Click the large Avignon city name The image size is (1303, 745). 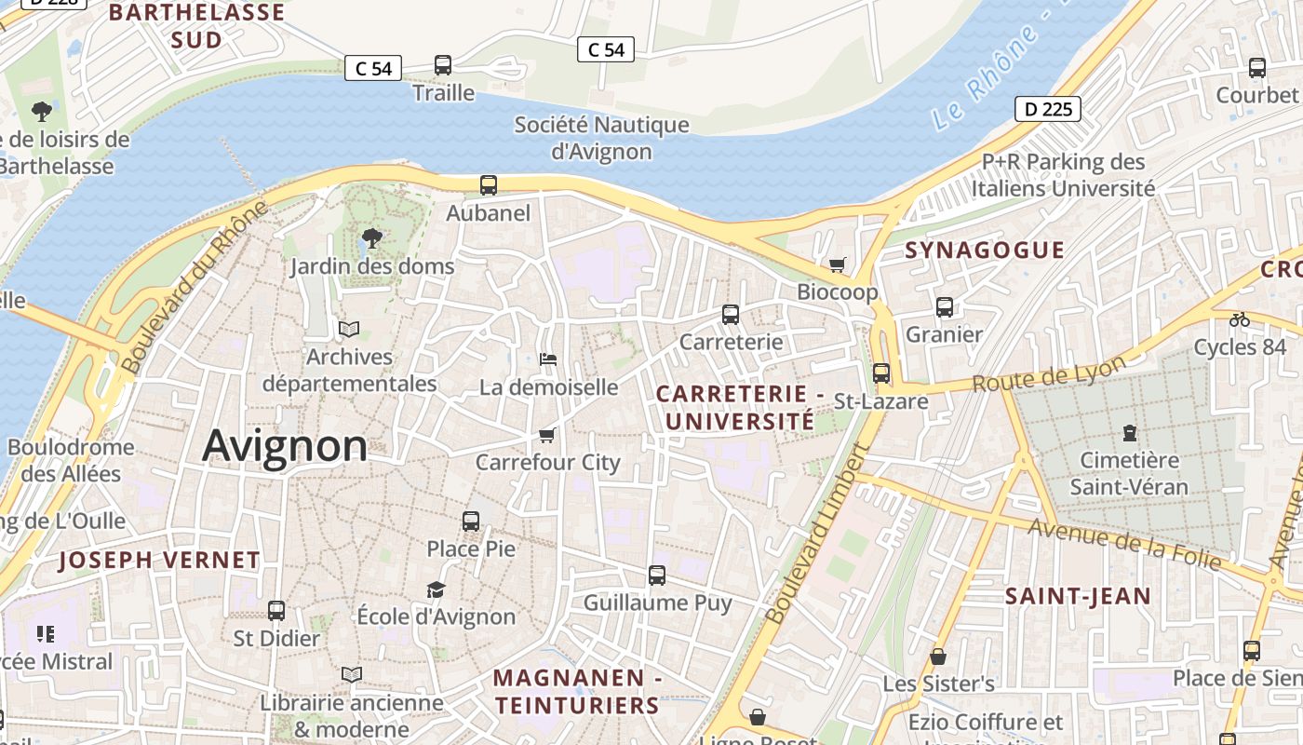(285, 446)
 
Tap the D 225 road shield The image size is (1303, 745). (1048, 109)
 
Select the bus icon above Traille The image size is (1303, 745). (443, 65)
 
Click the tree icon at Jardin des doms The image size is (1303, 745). (372, 238)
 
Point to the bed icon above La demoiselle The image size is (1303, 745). (548, 359)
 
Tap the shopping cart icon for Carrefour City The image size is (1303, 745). (547, 435)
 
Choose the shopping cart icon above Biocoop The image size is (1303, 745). (837, 265)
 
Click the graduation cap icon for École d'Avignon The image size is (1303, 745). (436, 589)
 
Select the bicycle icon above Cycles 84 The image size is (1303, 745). (1239, 319)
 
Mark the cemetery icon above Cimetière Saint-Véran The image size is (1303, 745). (1129, 432)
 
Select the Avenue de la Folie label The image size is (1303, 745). (1124, 543)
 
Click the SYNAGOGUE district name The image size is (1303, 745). (985, 250)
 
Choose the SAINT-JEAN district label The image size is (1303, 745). (1078, 596)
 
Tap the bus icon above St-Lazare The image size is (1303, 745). (880, 373)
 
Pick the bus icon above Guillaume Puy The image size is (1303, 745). (657, 576)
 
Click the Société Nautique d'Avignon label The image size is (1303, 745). (602, 138)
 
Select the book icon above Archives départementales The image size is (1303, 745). (349, 329)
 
